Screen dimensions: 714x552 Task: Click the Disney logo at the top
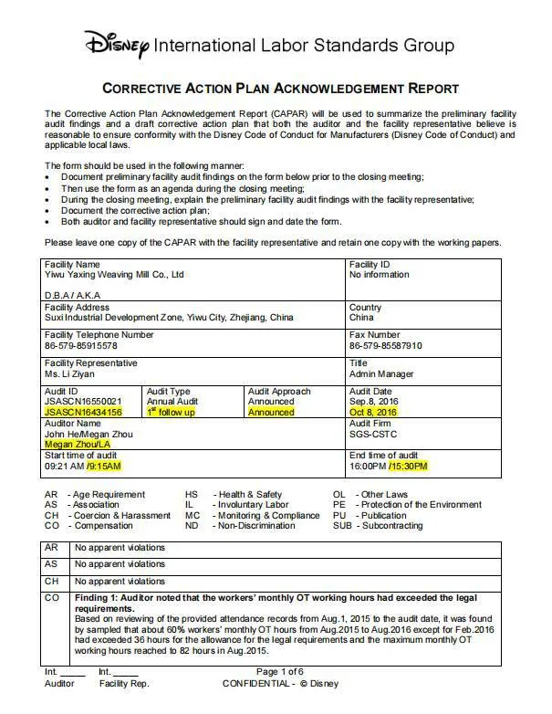(x=118, y=42)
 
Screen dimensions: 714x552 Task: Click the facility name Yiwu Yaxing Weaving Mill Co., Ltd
(x=115, y=274)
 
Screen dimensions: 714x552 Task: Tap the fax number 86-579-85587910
(x=386, y=347)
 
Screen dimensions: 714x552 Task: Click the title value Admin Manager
(x=381, y=374)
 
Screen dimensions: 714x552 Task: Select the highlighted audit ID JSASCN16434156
(x=83, y=413)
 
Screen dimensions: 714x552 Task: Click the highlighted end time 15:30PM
(x=407, y=467)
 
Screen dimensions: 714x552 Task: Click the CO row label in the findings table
(x=51, y=597)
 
